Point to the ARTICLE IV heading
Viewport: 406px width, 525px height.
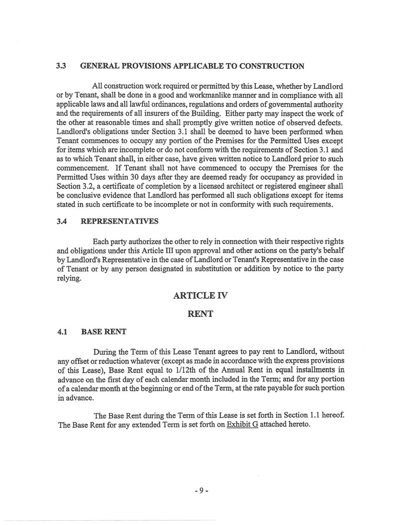[x=200, y=295]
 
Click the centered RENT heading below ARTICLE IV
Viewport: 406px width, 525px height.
[x=200, y=314]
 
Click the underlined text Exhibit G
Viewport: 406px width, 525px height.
[x=242, y=425]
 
